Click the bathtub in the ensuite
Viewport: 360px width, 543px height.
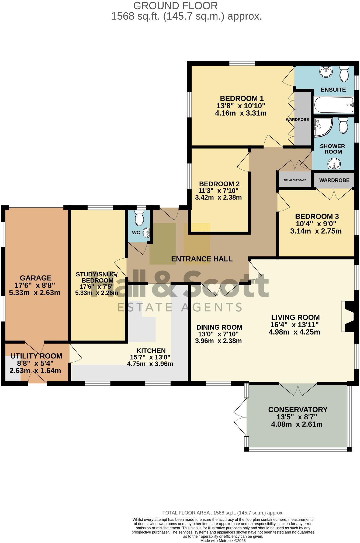click(334, 105)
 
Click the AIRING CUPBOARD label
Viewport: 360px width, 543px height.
click(295, 180)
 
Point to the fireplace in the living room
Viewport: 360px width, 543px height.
click(348, 316)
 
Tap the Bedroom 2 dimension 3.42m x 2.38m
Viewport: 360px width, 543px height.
click(218, 197)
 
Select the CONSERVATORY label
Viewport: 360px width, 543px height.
click(298, 409)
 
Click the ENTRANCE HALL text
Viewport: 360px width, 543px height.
click(202, 259)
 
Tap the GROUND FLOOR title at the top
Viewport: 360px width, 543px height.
click(175, 6)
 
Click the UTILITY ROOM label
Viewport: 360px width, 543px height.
click(36, 356)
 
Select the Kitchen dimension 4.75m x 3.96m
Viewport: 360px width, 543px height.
click(150, 364)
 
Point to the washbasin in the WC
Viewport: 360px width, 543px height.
click(147, 232)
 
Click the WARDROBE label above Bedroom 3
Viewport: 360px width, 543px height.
click(334, 180)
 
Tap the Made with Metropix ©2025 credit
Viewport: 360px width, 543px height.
click(223, 540)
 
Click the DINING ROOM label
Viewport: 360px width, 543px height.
click(219, 327)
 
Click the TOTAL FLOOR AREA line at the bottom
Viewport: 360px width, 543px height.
click(223, 513)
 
